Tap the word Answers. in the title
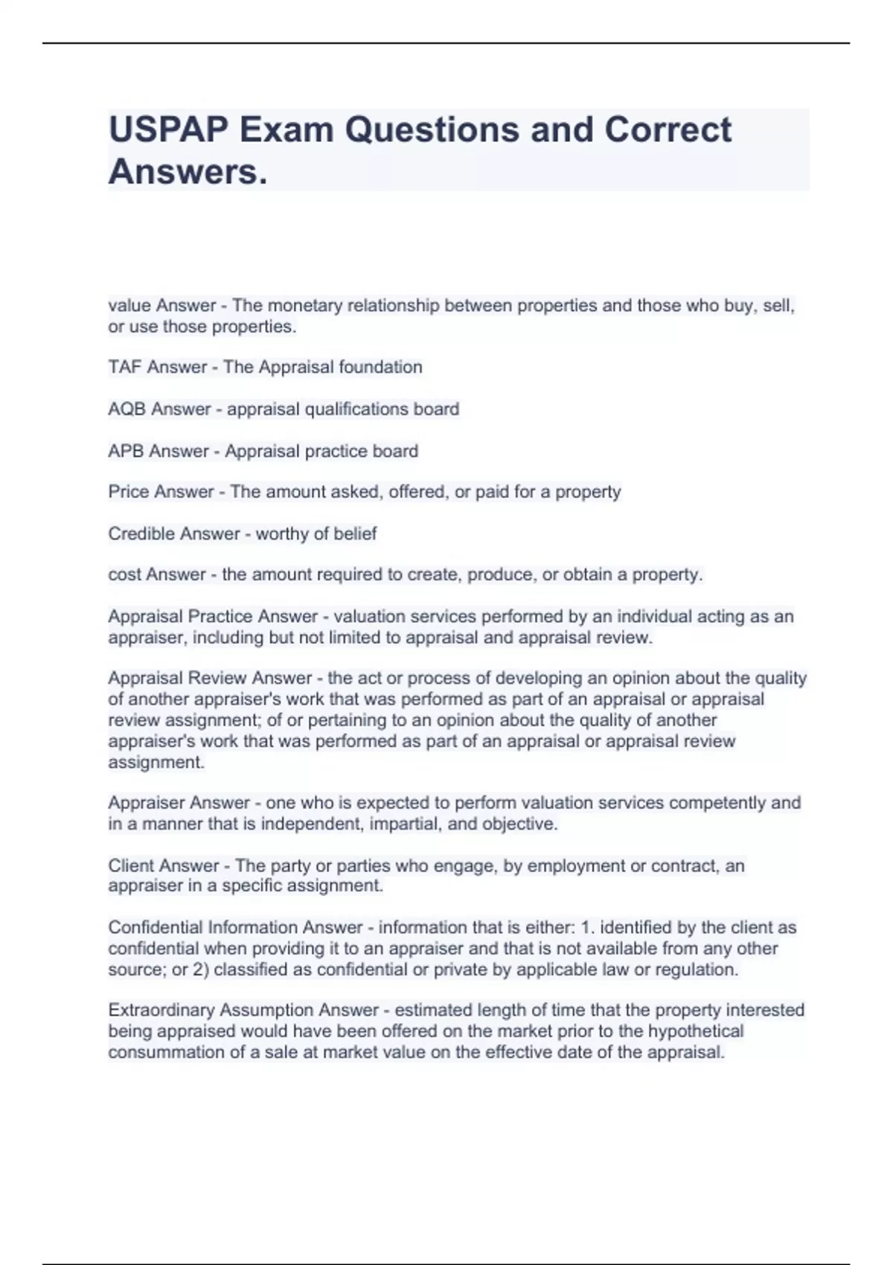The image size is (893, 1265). point(188,172)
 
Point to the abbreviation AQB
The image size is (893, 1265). point(127,409)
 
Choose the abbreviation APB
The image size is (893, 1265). point(126,451)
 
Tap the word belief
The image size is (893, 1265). point(356,534)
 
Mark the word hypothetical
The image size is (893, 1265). point(696,1031)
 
